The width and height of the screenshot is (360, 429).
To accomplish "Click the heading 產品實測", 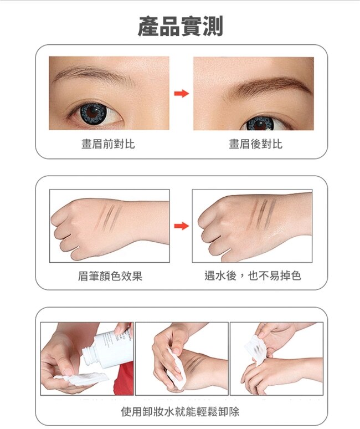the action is pos(181,26).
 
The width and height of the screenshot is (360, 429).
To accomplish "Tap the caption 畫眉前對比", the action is pos(108,144).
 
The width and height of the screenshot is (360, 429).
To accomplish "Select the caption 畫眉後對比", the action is pos(255,144).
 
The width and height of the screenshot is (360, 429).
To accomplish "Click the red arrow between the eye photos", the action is pos(182,93).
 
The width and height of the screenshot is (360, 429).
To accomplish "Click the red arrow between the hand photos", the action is pos(182,226).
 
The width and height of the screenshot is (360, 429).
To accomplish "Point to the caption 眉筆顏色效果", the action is pos(110,276).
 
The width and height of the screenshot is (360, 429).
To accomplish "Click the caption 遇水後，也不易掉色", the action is pos(253,275).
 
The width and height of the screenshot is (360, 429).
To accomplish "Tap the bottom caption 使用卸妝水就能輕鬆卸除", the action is pos(180,411).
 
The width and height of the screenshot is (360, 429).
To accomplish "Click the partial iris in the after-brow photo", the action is pos(260,124).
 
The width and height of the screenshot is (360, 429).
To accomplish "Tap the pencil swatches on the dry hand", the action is pos(108,217).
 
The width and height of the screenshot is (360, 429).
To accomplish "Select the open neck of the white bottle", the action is pos(88,357).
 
